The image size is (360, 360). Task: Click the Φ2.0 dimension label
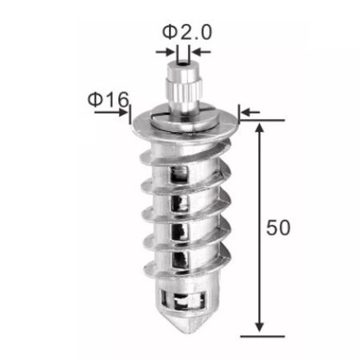point(187,32)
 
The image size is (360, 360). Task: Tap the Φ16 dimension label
point(108,99)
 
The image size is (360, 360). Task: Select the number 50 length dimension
point(278,227)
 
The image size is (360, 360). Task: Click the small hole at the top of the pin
point(182,64)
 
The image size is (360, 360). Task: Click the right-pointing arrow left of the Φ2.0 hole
point(165,52)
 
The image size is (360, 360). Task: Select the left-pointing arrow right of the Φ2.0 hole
point(202,52)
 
